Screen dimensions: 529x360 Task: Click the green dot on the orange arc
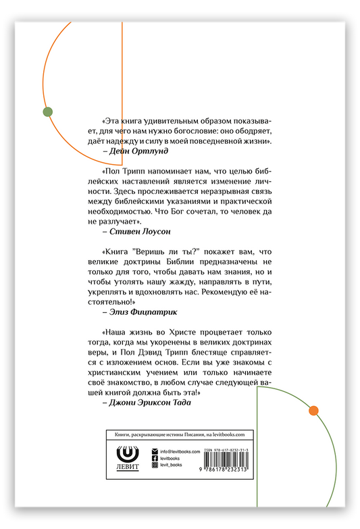point(47,112)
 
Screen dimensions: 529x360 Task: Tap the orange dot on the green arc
point(313,410)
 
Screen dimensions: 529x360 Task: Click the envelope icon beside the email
point(155,451)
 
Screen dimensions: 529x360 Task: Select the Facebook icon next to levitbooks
point(155,458)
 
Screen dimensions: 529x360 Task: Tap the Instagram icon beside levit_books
point(155,465)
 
